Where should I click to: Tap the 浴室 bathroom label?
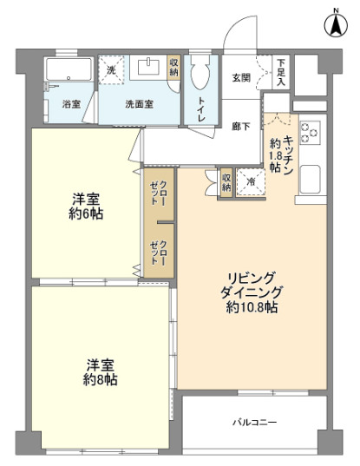72,104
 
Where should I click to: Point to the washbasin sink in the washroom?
148,67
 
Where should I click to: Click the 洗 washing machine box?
112,71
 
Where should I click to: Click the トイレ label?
201,108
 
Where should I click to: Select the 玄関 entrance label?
241,77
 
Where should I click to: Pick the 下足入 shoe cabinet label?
282,70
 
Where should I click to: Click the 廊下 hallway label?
241,126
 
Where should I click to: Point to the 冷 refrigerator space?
250,181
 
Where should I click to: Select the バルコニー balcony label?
254,422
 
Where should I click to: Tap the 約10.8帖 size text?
252,307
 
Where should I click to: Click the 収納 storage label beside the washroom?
173,67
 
